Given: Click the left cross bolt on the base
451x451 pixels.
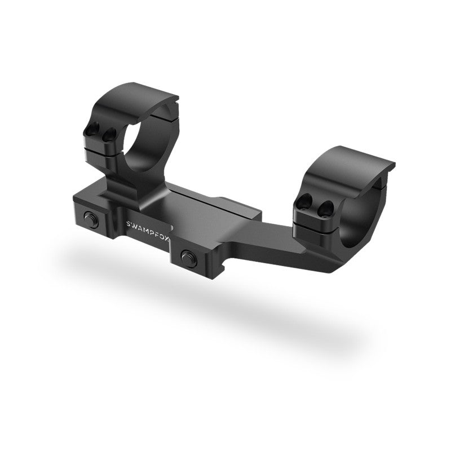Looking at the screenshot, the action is (91, 219).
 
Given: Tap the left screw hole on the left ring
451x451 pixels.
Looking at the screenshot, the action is (94, 128).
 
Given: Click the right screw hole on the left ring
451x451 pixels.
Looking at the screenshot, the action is (109, 134).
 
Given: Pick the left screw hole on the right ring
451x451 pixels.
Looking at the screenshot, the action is (306, 200).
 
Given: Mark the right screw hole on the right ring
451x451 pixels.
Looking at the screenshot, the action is (326, 207).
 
